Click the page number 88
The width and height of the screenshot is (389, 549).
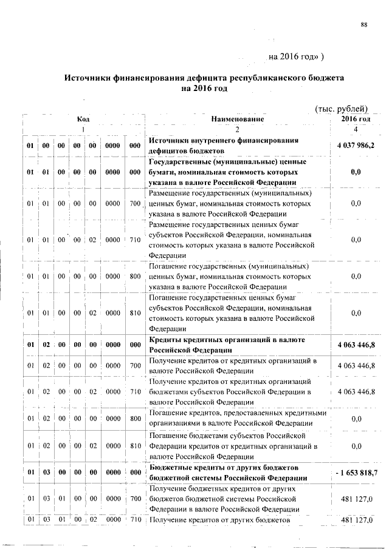click(364, 24)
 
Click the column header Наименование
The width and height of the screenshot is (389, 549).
click(238, 120)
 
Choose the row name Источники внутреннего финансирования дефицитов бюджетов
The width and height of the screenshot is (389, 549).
click(224, 146)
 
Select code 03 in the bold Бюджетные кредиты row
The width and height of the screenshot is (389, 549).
click(45, 472)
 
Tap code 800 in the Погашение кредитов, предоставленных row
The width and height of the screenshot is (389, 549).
click(135, 418)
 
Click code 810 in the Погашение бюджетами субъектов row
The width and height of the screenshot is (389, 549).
click(135, 446)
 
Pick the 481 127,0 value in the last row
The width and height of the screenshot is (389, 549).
click(356, 520)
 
